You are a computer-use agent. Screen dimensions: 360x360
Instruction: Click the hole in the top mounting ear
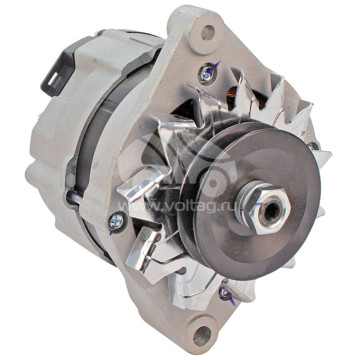click(x=207, y=32)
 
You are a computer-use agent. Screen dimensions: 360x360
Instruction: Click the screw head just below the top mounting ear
click(x=206, y=73)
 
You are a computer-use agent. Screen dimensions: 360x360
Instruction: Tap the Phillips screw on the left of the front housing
click(x=116, y=220)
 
